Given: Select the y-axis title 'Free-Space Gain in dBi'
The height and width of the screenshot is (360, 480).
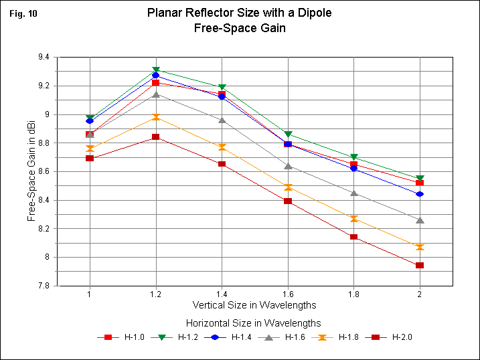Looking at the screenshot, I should tap(31, 171).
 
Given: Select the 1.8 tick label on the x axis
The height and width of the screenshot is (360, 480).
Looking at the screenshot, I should tap(353, 294).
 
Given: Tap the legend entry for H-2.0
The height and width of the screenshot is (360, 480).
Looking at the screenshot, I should tap(396, 337).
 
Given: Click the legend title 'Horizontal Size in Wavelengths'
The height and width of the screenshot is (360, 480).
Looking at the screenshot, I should tap(255, 323).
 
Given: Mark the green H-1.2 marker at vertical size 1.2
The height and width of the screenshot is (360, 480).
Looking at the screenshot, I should tap(156, 70).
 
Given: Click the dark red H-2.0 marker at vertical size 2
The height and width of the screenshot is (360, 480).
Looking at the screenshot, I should tap(420, 266).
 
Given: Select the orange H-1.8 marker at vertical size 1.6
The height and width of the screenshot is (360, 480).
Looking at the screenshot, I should tap(288, 187).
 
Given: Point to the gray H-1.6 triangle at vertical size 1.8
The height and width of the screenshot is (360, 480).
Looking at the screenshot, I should tap(353, 193).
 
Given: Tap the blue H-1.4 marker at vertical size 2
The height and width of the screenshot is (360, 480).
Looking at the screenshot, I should tap(420, 194).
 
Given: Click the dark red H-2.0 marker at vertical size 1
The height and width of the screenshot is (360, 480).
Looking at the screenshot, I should tap(90, 158).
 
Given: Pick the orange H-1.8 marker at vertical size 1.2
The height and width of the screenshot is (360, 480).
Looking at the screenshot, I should tap(156, 117).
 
